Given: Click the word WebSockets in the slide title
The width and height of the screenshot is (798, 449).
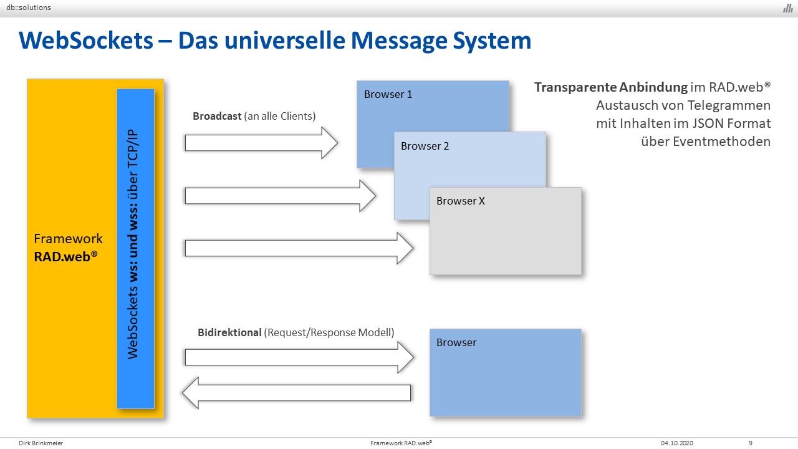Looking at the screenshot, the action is (86, 41).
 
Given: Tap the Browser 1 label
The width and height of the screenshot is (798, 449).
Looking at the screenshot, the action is (388, 94).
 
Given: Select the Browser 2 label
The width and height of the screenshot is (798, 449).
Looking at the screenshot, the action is (425, 146).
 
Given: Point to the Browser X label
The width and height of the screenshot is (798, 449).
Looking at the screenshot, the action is (461, 201).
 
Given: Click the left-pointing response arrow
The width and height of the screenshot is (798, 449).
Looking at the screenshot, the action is (296, 393).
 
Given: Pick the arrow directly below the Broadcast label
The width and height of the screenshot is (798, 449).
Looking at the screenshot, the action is (261, 143).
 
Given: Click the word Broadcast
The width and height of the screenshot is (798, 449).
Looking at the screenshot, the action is (217, 116).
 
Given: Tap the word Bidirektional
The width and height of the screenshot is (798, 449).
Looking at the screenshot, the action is (229, 332).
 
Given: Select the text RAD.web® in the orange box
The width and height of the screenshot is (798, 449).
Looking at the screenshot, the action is (65, 256).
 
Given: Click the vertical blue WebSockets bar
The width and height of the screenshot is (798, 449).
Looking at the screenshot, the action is (136, 249).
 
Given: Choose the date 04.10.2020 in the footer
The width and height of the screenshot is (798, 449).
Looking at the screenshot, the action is (677, 443).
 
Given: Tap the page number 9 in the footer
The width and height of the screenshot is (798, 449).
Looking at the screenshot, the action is (750, 443).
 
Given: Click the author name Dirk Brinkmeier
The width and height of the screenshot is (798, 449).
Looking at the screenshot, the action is (41, 443).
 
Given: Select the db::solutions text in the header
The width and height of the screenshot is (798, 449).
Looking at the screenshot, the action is (29, 7).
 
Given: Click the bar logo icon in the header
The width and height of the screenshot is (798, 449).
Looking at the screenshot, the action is (787, 8).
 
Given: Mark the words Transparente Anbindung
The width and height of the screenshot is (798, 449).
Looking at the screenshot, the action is (610, 87).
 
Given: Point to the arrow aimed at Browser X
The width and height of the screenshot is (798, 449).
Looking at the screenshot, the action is (299, 248).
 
